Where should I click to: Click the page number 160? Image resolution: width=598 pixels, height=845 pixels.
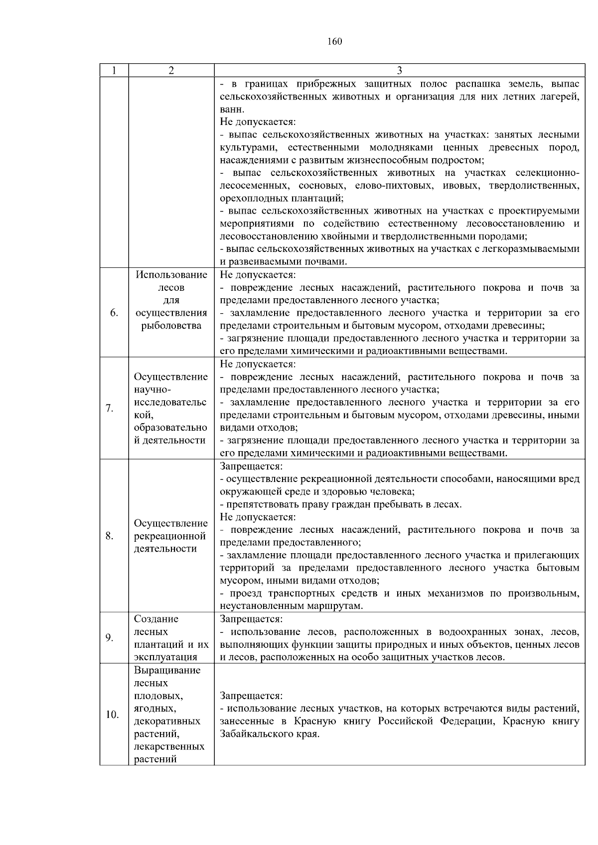335,42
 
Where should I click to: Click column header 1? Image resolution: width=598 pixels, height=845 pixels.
114,70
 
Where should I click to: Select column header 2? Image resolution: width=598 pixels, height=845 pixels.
171,70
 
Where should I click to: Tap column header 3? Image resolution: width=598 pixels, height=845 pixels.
399,70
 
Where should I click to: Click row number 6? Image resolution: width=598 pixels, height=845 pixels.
114,313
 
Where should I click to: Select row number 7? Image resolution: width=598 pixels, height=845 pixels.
110,409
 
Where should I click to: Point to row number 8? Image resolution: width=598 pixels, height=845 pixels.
110,536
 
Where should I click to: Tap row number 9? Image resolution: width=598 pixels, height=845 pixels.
110,638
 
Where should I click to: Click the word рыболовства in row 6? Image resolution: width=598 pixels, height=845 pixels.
171,326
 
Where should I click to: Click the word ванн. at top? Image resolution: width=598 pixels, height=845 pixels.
232,109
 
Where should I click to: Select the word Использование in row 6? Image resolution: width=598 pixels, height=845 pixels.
171,275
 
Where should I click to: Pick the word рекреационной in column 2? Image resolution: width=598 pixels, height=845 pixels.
170,536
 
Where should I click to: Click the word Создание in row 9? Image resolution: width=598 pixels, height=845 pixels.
156,619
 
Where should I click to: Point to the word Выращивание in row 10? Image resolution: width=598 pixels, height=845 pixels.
167,670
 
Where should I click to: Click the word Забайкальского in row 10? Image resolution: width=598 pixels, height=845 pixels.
255,734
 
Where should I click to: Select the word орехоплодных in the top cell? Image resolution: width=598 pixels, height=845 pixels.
249,198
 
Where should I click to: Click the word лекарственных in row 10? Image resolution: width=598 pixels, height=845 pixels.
169,747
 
